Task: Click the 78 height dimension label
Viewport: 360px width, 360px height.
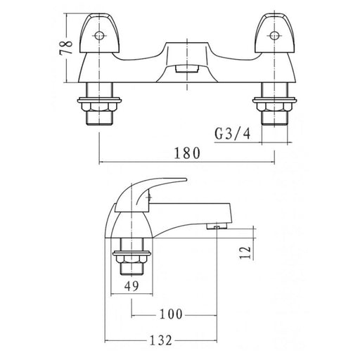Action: pos(66,48)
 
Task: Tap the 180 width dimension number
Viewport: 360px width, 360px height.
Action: pos(187,153)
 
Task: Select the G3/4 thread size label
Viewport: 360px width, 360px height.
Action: pos(233,134)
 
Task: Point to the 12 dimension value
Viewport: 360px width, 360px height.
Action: pos(245,252)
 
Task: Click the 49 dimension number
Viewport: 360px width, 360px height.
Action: pos(131,285)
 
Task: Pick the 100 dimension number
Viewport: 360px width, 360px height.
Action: pos(171,314)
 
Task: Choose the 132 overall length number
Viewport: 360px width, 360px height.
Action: pos(161,340)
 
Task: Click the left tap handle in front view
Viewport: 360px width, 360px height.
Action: pos(99,33)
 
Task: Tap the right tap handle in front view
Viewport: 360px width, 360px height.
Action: pos(275,33)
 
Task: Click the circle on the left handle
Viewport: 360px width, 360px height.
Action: pos(99,36)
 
